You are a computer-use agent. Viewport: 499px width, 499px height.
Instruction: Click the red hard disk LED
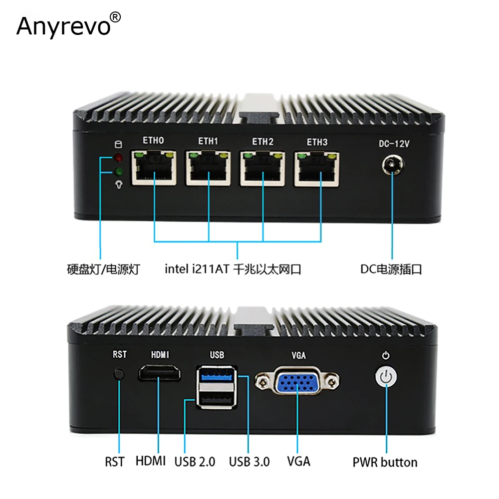119,159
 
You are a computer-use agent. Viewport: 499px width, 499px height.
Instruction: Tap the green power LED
119,173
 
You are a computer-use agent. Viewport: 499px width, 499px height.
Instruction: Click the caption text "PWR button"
385,462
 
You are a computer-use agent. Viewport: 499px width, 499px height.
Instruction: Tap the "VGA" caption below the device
298,461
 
